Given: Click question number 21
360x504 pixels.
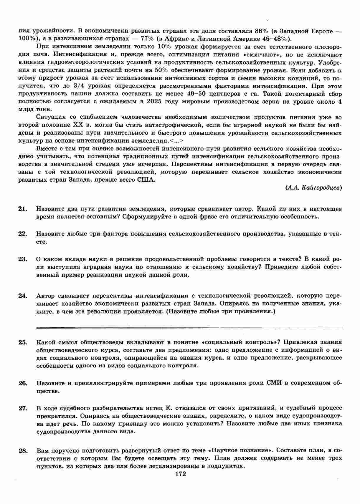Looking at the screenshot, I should coord(23,209).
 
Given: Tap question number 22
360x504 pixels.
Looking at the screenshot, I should coord(23,234).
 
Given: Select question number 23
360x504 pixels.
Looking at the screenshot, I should coord(23,259).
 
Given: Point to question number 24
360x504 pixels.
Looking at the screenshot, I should coord(23,296).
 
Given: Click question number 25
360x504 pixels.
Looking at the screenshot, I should coord(23,342).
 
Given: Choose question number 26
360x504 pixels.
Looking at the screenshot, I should coord(23,383).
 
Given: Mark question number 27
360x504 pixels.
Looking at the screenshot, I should coord(23,408).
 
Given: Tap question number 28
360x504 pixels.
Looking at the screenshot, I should coord(23,451).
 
